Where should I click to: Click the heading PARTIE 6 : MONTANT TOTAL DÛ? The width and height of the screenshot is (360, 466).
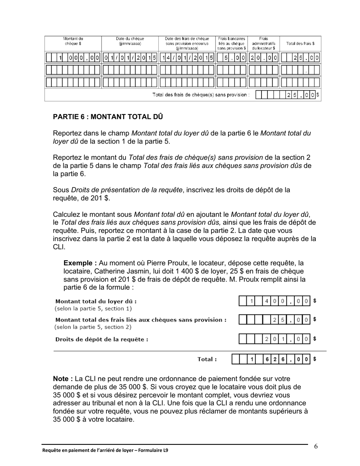tap(108, 117)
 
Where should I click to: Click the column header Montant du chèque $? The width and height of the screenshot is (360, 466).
tap(73, 41)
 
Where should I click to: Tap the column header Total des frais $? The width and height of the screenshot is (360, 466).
tap(300, 43)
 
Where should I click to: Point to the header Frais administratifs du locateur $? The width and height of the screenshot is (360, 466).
tap(263, 43)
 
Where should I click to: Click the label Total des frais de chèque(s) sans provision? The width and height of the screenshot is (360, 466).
tap(201, 95)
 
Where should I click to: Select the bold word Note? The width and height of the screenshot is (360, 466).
tap(63, 378)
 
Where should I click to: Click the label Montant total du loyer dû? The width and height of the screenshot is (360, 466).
tap(96, 302)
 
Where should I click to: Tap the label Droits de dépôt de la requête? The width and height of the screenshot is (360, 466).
tap(102, 339)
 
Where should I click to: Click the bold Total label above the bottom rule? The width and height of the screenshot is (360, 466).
tap(207, 359)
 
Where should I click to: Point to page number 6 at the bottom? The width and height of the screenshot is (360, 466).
tap(316, 446)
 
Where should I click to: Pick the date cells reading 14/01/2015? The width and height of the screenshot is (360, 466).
tap(187, 58)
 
